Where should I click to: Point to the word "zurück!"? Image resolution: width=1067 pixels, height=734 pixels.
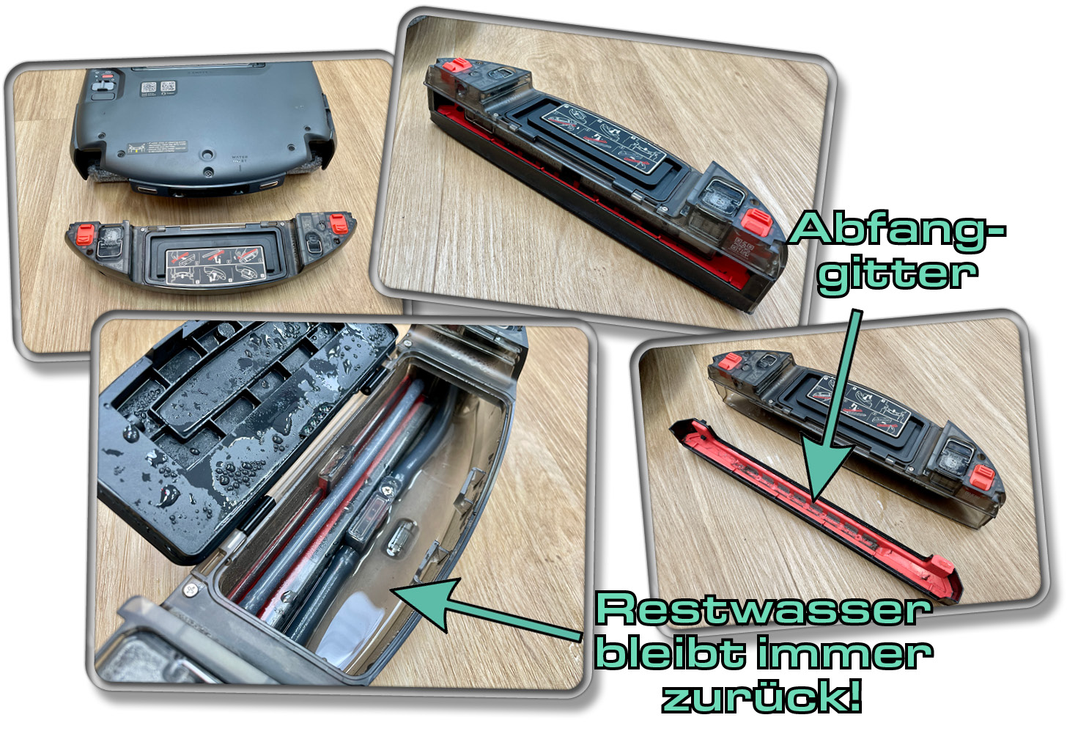click(762, 697)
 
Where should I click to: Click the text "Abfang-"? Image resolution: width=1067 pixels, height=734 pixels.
click(897, 230)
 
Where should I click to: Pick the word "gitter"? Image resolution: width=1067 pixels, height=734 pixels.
click(897, 274)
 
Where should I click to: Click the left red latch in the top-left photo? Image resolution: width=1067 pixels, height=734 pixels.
click(84, 234)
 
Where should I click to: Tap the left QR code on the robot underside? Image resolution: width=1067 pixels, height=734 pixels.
click(149, 88)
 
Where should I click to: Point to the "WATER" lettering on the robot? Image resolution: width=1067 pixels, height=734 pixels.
click(240, 157)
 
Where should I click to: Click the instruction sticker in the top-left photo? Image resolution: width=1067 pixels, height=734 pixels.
click(215, 265)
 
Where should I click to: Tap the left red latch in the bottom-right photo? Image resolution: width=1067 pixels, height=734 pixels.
click(730, 361)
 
